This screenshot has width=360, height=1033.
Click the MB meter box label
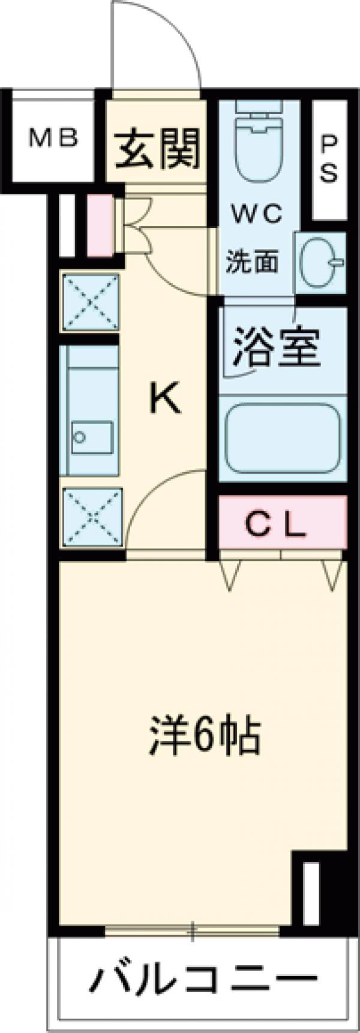(55, 139)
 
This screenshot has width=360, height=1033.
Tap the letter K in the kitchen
(165, 399)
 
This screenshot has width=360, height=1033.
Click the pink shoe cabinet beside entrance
(100, 225)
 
